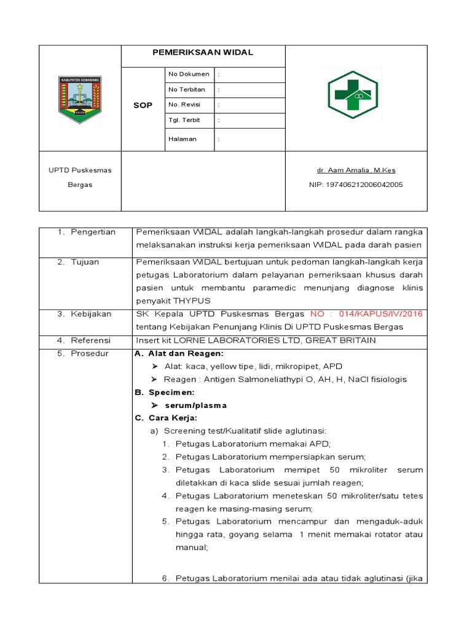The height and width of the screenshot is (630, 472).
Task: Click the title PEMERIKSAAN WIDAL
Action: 203,53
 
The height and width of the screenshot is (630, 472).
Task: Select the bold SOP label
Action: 143,105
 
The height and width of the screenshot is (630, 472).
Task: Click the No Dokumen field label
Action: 189,74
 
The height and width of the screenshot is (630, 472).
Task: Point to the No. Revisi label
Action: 184,105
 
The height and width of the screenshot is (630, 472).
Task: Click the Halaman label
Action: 183,139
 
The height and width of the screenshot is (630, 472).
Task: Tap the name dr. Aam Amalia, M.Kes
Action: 356,170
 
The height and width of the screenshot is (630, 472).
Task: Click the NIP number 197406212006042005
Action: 356,185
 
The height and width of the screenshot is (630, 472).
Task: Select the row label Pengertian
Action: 93,232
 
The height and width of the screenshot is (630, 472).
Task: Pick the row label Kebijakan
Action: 91,314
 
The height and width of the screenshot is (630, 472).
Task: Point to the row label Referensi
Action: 90,340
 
